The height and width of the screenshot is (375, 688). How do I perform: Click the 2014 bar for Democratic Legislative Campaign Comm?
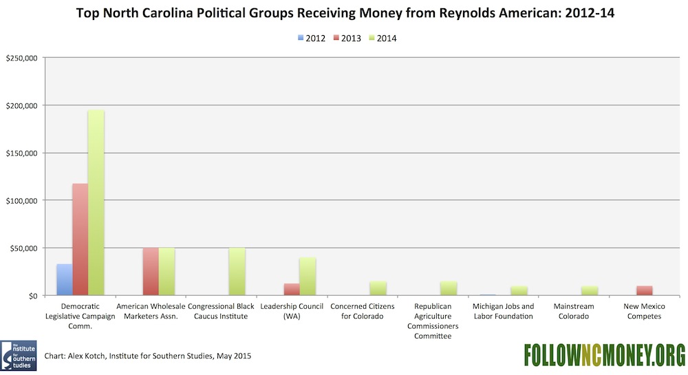coord(96,203)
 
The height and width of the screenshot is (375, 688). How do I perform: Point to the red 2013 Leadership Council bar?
coord(291,289)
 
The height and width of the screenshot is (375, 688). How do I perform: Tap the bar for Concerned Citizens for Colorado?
coord(378,288)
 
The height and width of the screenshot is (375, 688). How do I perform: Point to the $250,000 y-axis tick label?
coord(22,58)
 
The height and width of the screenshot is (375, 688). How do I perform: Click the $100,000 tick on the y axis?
coord(22,200)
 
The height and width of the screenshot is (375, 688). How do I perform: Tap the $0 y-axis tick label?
coord(32,295)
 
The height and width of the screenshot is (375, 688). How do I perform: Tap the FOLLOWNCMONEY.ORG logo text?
coord(603,354)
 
